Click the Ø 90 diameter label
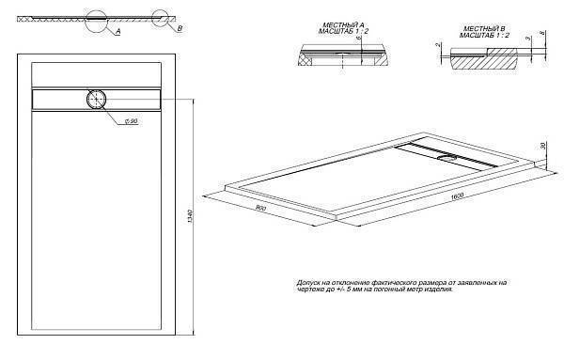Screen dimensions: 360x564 [132, 122]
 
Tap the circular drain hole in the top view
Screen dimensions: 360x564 [97, 98]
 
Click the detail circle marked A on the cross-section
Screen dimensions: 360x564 [97, 19]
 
